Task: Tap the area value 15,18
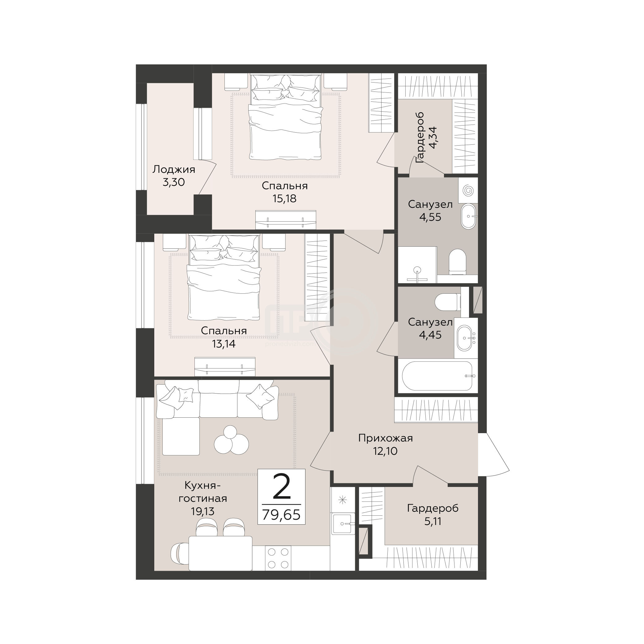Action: [284, 199]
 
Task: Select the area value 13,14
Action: [224, 344]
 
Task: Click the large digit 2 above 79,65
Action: [282, 487]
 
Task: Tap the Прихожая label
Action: [385, 438]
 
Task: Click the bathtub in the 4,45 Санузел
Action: [437, 376]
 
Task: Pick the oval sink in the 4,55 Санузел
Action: [469, 216]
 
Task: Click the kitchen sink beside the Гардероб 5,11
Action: [343, 524]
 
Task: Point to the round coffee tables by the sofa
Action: [231, 441]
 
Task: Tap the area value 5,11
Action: [433, 521]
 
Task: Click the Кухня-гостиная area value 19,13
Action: [203, 511]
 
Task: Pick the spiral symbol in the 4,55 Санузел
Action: [468, 190]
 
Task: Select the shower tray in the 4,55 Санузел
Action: [418, 265]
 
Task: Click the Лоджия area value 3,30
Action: [173, 182]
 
